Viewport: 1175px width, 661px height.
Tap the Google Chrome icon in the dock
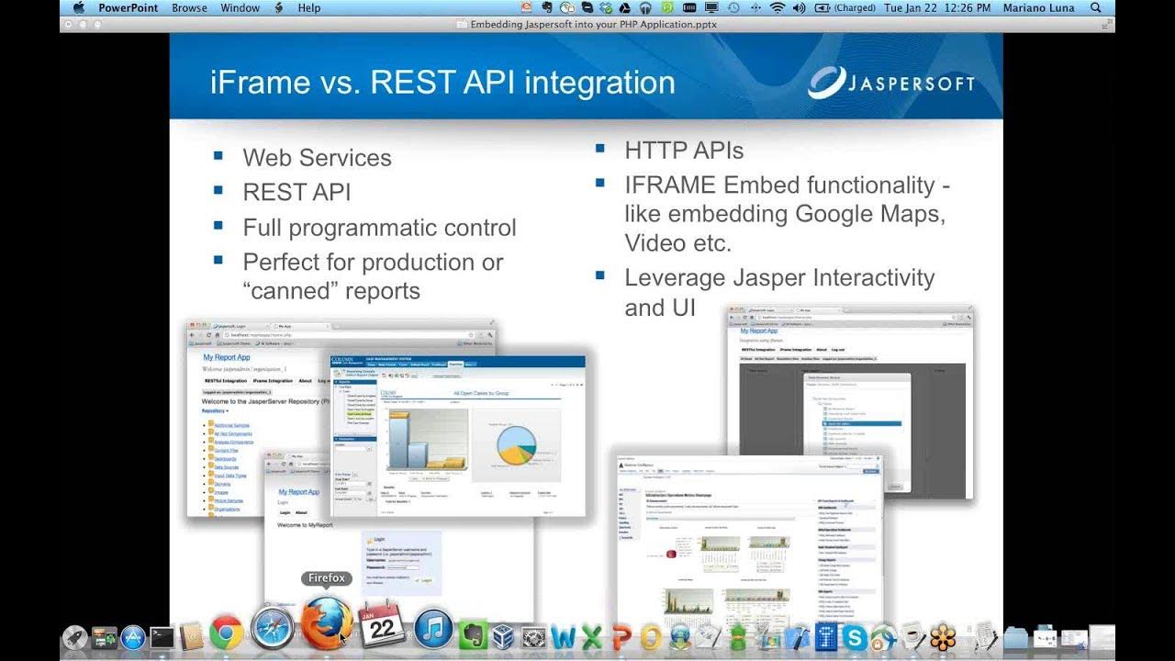pos(226,633)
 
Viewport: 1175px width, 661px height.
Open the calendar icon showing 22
pos(382,628)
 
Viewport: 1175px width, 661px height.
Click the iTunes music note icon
pos(433,630)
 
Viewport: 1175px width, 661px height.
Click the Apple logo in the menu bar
pos(78,7)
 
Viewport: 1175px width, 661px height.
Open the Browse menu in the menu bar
pos(189,7)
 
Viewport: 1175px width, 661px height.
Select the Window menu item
pos(240,7)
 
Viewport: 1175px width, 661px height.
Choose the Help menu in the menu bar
pos(309,7)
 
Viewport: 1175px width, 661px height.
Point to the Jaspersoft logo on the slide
pos(890,83)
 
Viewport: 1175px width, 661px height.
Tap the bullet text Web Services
pos(317,158)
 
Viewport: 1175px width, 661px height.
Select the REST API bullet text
pos(297,193)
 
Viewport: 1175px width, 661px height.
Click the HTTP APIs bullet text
pos(684,151)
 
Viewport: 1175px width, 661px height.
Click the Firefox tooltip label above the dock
pos(327,578)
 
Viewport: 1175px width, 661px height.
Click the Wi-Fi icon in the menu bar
pos(777,7)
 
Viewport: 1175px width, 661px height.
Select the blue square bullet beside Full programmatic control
pos(218,226)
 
